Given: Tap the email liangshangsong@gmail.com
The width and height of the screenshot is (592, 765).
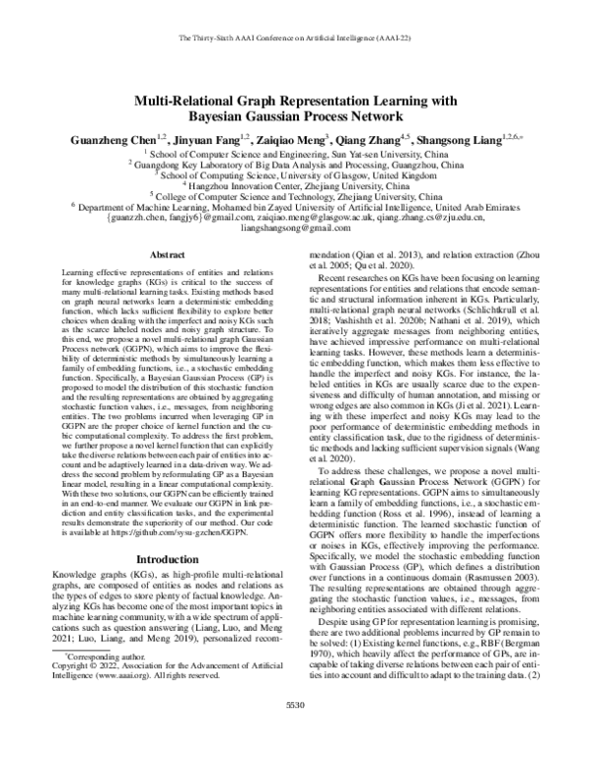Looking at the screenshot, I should (x=295, y=228).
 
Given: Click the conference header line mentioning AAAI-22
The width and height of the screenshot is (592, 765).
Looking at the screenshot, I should (x=295, y=38).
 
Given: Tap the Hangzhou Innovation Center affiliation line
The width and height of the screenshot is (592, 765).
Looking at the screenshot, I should (x=297, y=185).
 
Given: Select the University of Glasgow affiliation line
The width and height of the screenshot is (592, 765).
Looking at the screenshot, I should (x=297, y=174).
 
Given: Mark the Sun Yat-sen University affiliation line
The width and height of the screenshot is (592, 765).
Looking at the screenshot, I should (x=297, y=153).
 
